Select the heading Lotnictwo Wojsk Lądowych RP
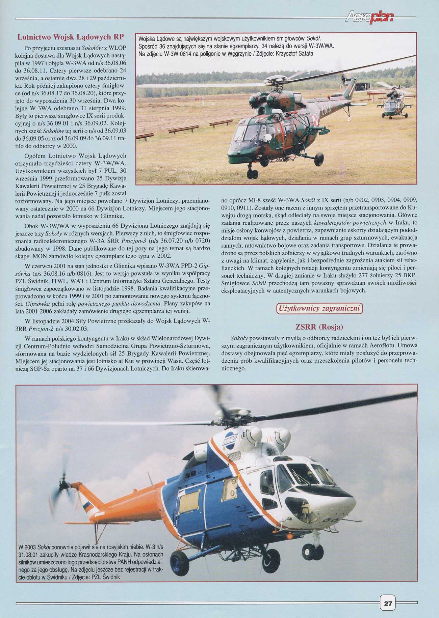[x=70, y=36]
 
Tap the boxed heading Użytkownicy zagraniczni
[x=319, y=308]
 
